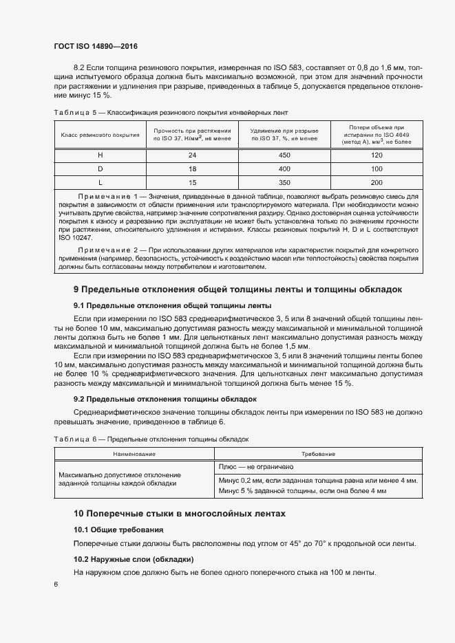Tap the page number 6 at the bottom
click(x=56, y=585)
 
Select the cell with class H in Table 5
click(x=100, y=155)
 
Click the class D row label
click(x=100, y=168)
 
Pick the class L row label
click(x=100, y=182)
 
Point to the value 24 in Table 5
click(x=192, y=155)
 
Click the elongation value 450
click(x=284, y=155)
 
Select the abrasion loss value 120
click(x=376, y=155)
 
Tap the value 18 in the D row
click(x=192, y=168)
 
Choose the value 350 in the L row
click(x=284, y=182)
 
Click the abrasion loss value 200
click(x=376, y=182)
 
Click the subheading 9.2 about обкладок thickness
click(x=165, y=398)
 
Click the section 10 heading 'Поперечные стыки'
click(x=178, y=514)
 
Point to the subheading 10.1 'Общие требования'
click(x=118, y=530)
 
